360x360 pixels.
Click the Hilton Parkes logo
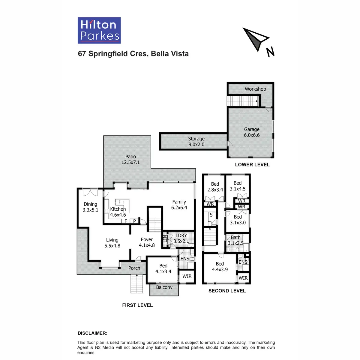99,31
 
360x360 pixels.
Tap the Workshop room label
255,89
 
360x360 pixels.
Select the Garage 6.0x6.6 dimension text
252,135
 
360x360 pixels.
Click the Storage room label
196,139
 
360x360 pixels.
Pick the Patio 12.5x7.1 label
130,159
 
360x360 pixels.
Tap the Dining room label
90,204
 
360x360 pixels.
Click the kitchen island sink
120,202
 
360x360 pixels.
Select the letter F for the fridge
126,221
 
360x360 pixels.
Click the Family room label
179,202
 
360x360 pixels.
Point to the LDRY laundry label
181,235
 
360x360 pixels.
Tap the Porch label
134,268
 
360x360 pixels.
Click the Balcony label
164,287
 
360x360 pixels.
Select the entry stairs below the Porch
137,283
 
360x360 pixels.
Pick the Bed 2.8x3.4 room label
215,187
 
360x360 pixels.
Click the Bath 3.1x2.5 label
235,240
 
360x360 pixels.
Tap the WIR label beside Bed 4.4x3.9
243,278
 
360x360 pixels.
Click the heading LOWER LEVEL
252,165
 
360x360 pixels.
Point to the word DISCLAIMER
92,333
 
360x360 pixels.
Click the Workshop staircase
243,101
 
